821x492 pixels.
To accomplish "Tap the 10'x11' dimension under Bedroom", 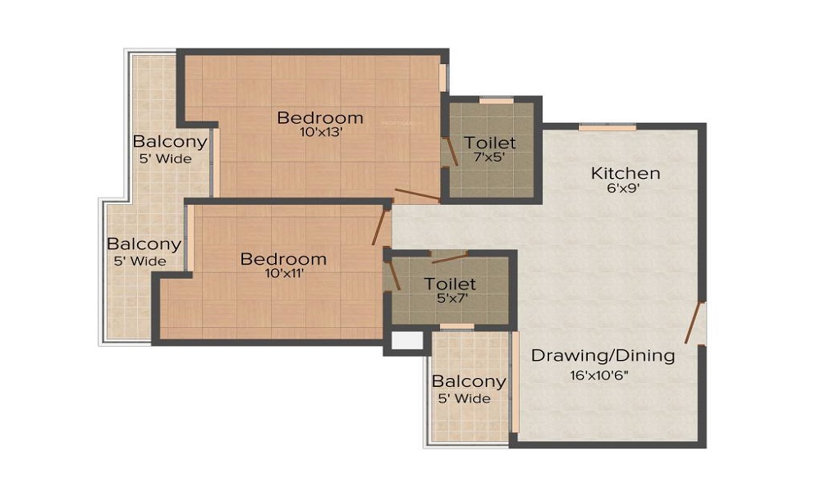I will pyautogui.click(x=283, y=274).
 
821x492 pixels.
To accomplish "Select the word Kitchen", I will pyautogui.click(x=626, y=173).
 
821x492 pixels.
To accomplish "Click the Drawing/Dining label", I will pyautogui.click(x=603, y=356).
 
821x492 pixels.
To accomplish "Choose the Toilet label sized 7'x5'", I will pyautogui.click(x=490, y=143).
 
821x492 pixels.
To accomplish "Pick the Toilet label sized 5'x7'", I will pyautogui.click(x=450, y=284).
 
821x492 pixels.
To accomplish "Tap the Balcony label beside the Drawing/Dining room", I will pyautogui.click(x=469, y=381).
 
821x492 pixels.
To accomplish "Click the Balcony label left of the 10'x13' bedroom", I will pyautogui.click(x=170, y=142).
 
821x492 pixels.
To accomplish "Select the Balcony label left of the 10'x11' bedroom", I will pyautogui.click(x=144, y=244).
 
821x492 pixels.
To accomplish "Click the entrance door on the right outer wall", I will pyautogui.click(x=695, y=322).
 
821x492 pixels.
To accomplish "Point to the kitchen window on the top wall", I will pyautogui.click(x=607, y=127).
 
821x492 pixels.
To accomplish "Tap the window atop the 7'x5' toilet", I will pyautogui.click(x=496, y=101).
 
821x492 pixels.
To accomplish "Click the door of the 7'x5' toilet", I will pyautogui.click(x=451, y=153).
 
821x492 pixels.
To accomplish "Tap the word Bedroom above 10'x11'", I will pyautogui.click(x=283, y=259).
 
